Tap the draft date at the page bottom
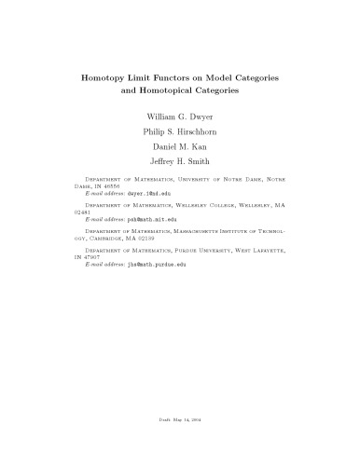[180, 422]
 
